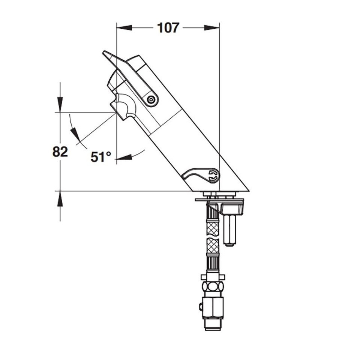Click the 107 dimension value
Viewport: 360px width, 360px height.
click(168, 28)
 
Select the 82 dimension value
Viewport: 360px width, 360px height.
click(60, 152)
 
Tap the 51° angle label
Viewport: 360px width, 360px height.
click(101, 157)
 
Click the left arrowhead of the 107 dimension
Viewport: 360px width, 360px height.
click(124, 28)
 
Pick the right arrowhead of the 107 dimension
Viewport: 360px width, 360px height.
click(211, 28)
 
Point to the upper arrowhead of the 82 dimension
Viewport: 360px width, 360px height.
click(60, 105)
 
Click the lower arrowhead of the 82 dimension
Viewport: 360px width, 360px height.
click(60, 199)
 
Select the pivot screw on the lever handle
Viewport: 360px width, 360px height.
click(151, 100)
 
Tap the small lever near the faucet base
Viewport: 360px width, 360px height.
click(201, 175)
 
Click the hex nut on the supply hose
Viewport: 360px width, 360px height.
click(213, 286)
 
